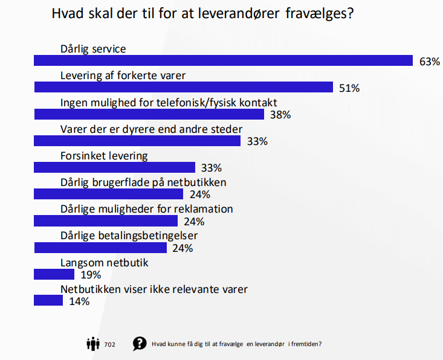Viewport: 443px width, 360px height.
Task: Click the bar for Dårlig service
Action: tap(224, 60)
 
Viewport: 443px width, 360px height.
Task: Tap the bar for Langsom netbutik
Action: tap(54, 274)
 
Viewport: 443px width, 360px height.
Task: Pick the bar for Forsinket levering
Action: tap(115, 167)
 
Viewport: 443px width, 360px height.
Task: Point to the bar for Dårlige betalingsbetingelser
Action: tap(100, 248)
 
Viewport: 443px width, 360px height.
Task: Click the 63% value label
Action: tap(430, 62)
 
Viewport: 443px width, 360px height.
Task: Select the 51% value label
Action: tap(349, 88)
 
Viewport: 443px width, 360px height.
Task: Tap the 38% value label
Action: tap(280, 115)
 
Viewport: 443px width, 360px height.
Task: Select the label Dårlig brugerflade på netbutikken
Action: tap(143, 182)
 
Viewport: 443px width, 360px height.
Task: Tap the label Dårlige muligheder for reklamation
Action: tap(147, 209)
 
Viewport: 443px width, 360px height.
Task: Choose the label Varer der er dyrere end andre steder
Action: tap(151, 129)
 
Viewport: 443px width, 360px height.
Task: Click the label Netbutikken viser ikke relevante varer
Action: tap(154, 289)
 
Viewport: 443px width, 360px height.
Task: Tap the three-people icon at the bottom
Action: tap(93, 344)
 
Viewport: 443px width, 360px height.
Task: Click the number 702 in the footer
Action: tap(109, 344)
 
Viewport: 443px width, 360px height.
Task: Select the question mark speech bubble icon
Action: tap(140, 344)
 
